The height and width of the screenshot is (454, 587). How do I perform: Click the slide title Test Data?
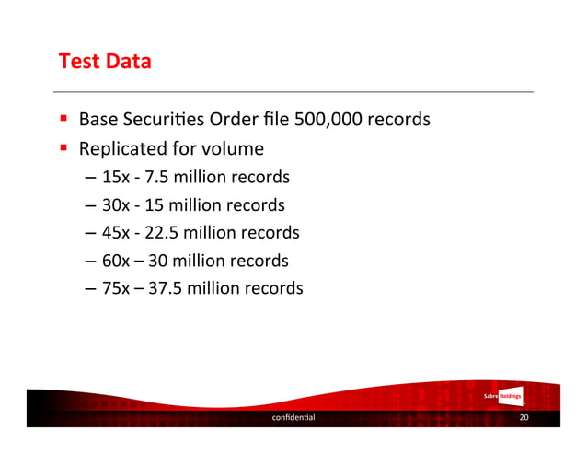[104, 63]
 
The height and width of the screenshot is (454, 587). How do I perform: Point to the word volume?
[234, 148]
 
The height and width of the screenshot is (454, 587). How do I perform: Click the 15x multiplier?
[115, 177]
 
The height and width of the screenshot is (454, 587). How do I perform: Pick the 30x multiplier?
[116, 204]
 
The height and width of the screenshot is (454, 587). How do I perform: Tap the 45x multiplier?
[116, 232]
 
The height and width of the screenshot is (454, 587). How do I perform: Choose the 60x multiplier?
[116, 261]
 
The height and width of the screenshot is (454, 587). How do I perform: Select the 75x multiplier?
[116, 288]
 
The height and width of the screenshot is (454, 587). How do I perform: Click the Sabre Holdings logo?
[502, 397]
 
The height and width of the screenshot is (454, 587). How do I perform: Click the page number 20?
[524, 418]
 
